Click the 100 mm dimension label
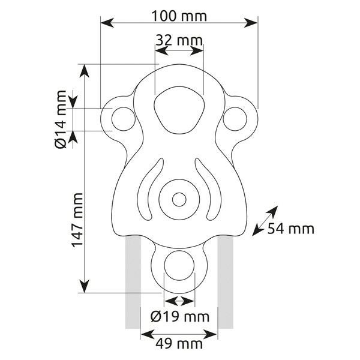pyautogui.click(x=179, y=16)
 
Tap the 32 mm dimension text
pyautogui.click(x=179, y=40)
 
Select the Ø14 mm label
pyautogui.click(x=61, y=119)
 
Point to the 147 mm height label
pyautogui.click(x=77, y=220)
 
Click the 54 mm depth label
pyautogui.click(x=290, y=229)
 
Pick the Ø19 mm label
pyautogui.click(x=180, y=317)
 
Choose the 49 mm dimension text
pyautogui.click(x=179, y=344)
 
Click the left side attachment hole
pyautogui.click(x=124, y=119)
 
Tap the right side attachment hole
pyautogui.click(x=235, y=119)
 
